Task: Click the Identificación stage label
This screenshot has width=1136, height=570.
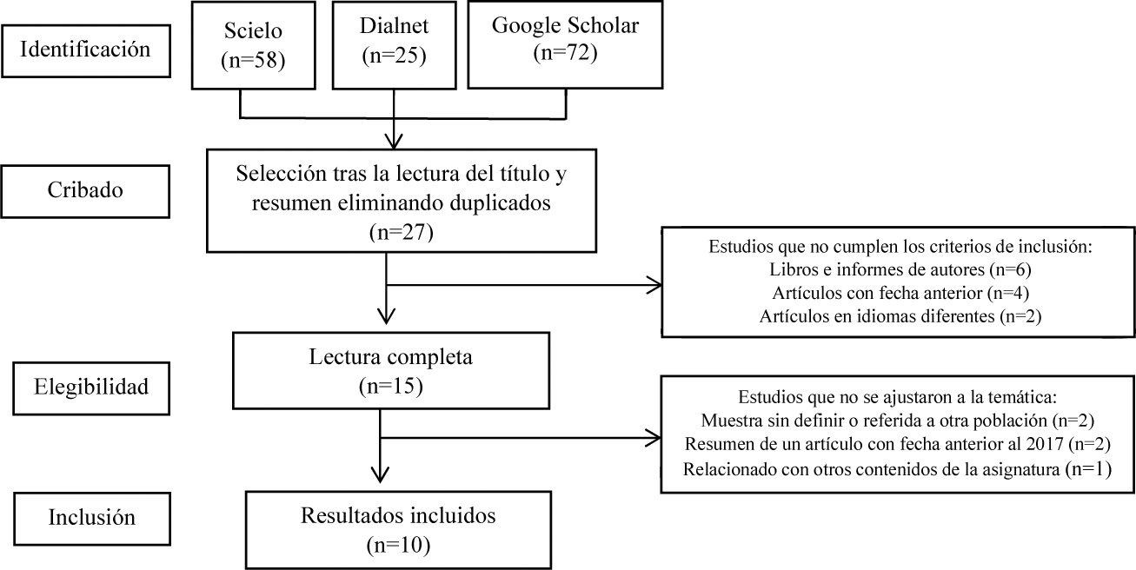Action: coord(84,49)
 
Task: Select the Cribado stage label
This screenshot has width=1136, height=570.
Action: coord(84,189)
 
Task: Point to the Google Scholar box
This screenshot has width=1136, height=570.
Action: coord(565,44)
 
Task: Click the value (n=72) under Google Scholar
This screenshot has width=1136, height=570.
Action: coord(565,52)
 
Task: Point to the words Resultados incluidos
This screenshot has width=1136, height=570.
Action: coord(398,515)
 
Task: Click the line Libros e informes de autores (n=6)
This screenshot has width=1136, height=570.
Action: coord(899,271)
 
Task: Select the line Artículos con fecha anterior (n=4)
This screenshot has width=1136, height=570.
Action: coord(899,294)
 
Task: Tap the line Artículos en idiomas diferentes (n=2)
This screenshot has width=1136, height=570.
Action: coord(899,316)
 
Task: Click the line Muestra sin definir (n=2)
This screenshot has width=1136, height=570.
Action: coord(898,421)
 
